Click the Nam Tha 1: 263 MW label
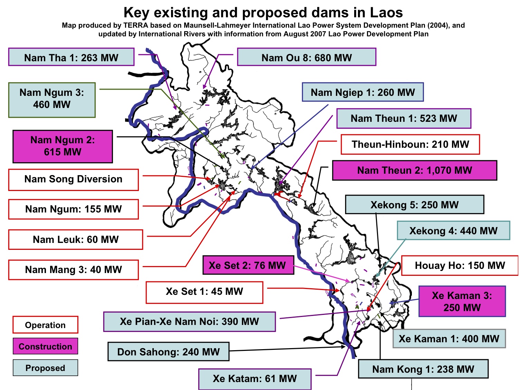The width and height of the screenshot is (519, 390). click(x=71, y=57)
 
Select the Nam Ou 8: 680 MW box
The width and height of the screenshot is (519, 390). click(x=306, y=57)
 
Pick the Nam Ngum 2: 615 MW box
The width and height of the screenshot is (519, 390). click(x=63, y=146)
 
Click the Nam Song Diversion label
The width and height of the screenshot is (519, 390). click(x=73, y=179)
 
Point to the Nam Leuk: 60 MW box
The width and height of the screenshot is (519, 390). click(x=76, y=239)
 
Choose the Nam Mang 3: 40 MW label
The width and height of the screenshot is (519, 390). click(x=73, y=270)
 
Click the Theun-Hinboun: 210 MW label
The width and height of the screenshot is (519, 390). click(x=410, y=144)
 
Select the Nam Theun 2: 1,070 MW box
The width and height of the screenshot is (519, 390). click(x=414, y=170)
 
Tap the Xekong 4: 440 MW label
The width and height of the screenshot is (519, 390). click(x=453, y=231)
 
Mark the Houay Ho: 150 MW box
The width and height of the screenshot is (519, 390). click(x=460, y=265)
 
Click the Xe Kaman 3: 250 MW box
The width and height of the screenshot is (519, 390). click(x=462, y=301)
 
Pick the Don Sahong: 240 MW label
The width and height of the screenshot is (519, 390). click(x=168, y=352)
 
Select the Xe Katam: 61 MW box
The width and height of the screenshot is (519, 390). click(x=255, y=379)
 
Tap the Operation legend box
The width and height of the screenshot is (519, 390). click(x=45, y=325)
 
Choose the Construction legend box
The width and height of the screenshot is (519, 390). click(x=45, y=346)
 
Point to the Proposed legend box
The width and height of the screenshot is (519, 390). click(x=45, y=368)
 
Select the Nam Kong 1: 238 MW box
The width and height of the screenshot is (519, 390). click(x=423, y=369)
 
